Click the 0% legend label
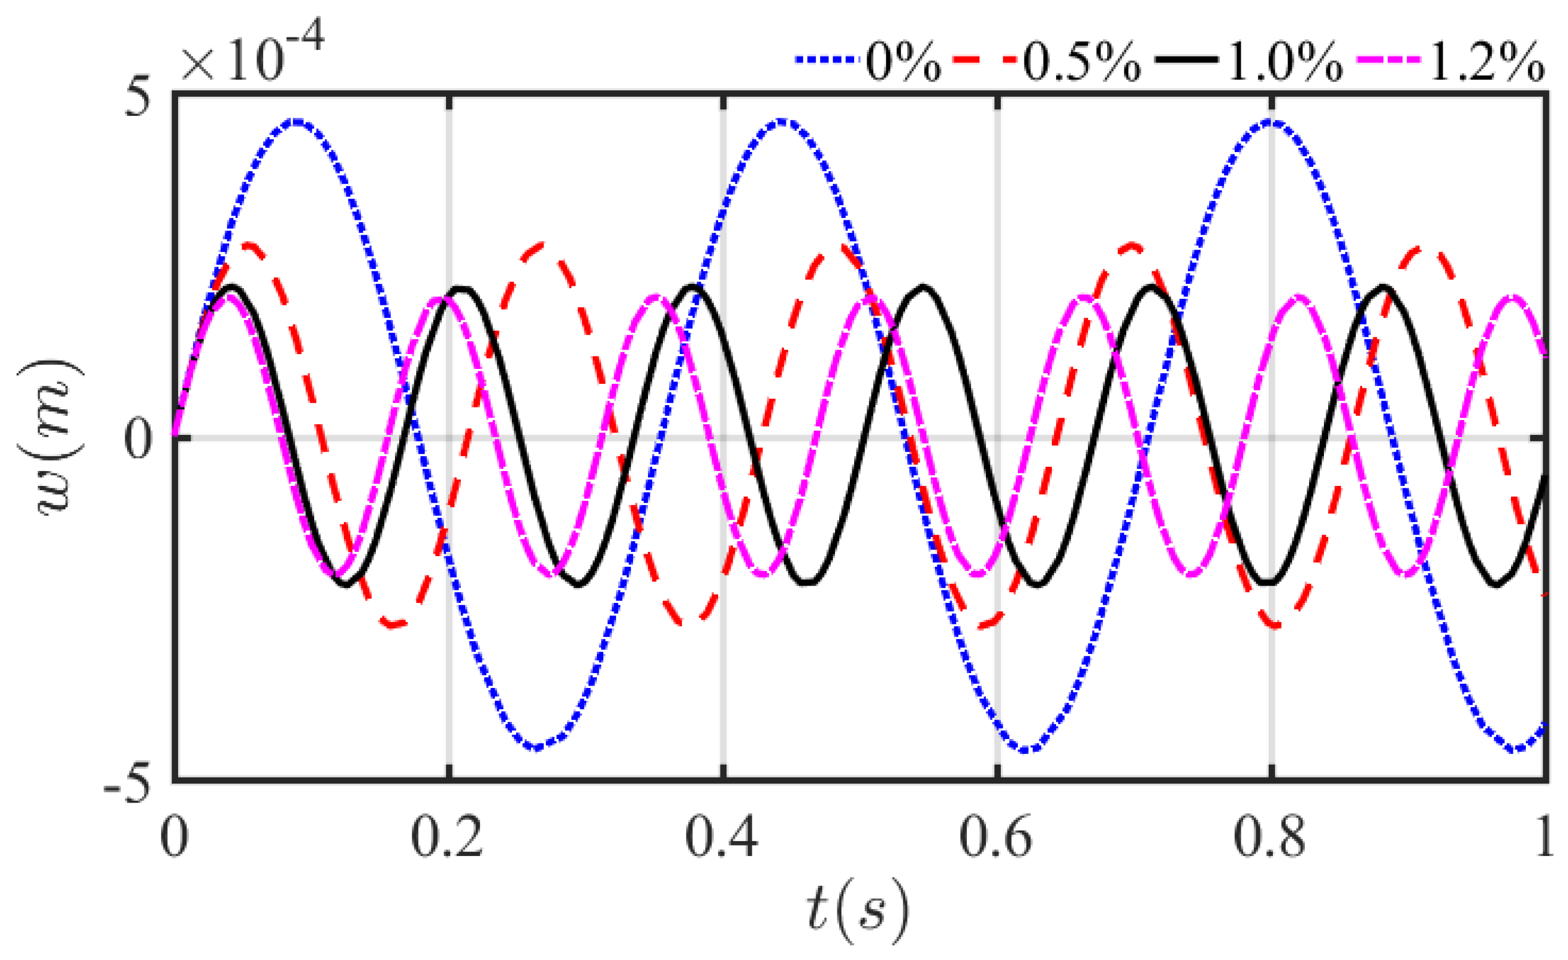pyautogui.click(x=903, y=62)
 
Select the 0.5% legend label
pyautogui.click(x=1082, y=62)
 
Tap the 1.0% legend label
pyautogui.click(x=1284, y=62)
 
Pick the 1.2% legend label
pyautogui.click(x=1486, y=62)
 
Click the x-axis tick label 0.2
pyautogui.click(x=447, y=837)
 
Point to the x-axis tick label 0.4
pyautogui.click(x=722, y=837)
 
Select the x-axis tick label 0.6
pyautogui.click(x=996, y=837)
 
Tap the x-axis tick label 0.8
pyautogui.click(x=1270, y=837)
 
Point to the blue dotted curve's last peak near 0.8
pyautogui.click(x=1270, y=122)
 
